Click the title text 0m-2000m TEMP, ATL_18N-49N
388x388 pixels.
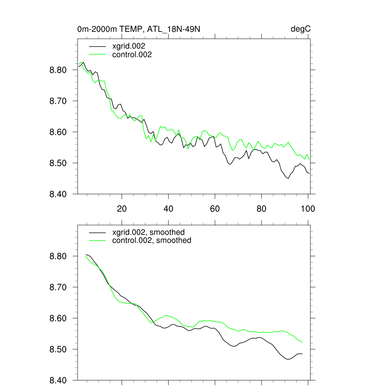(141, 29)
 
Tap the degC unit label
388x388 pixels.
(301, 29)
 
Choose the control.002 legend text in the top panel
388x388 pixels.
(132, 55)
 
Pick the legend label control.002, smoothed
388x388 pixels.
(152, 241)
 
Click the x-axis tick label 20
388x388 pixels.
(122, 208)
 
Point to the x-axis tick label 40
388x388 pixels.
(168, 208)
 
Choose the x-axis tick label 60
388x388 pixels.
(215, 208)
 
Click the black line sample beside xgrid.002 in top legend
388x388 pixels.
(97, 46)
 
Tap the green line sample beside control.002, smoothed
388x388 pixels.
(97, 241)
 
